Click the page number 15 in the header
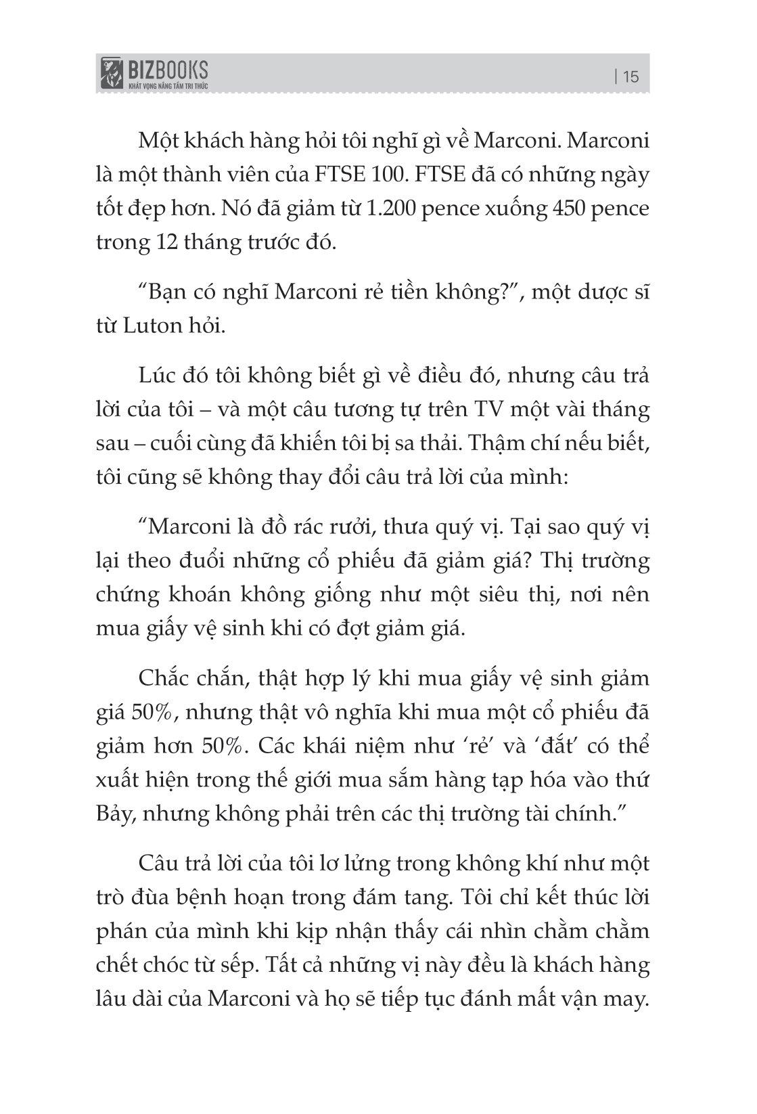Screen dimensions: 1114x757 pyautogui.click(x=630, y=76)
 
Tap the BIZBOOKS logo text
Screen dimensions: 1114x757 pyautogui.click(x=166, y=68)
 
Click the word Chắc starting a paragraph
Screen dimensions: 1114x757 pyautogui.click(x=164, y=678)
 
